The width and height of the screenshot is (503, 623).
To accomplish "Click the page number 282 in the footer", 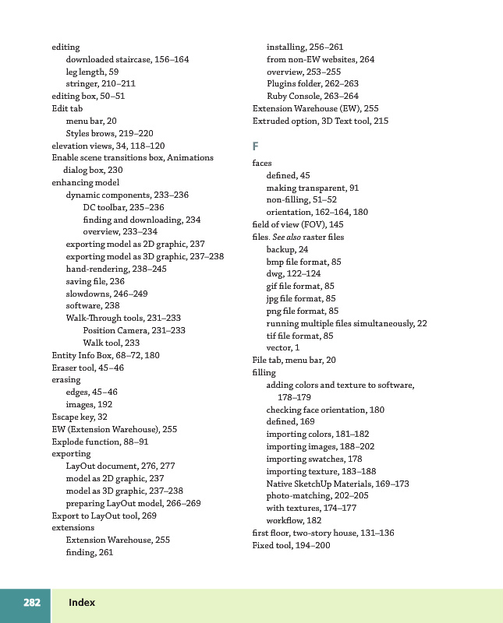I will click(32, 603).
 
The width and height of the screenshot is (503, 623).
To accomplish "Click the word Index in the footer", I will click(82, 603).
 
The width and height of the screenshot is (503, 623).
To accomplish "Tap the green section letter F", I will click(255, 146).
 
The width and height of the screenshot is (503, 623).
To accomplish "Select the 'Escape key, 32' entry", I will click(80, 417).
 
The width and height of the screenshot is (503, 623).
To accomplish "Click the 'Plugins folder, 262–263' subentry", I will click(313, 84).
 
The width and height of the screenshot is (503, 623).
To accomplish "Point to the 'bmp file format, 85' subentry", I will click(304, 262).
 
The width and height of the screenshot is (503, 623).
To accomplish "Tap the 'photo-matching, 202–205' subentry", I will click(317, 496).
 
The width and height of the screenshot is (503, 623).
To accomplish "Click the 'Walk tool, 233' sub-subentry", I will click(112, 343).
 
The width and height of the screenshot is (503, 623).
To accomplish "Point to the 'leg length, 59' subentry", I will click(92, 72).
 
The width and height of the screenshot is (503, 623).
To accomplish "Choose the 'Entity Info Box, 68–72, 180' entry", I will click(105, 355).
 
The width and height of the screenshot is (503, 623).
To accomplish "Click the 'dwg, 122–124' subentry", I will click(293, 273).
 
